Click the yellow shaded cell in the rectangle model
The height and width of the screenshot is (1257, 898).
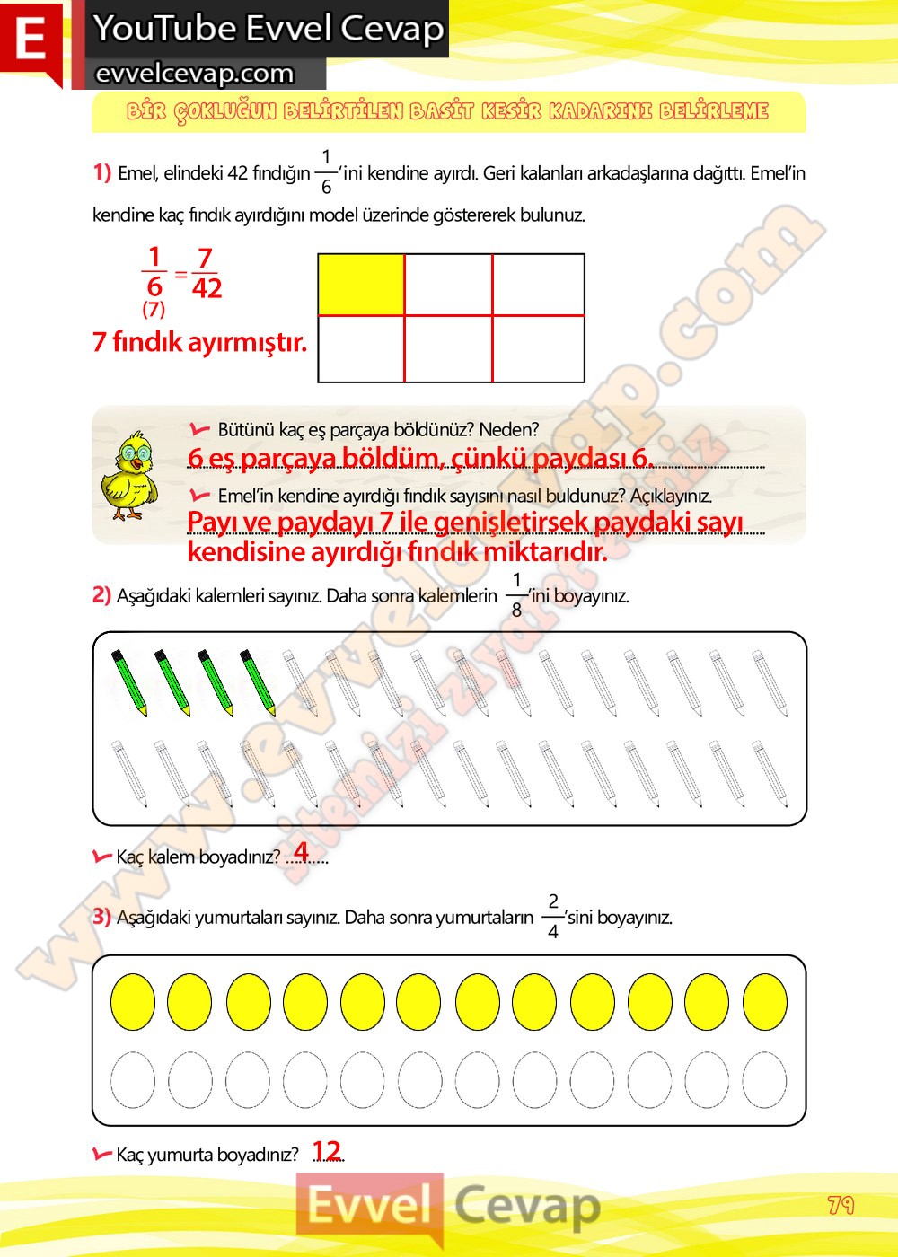[361, 285]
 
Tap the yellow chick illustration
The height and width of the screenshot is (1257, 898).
[128, 476]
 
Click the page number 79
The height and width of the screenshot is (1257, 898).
[841, 1205]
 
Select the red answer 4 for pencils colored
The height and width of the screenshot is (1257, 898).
[301, 851]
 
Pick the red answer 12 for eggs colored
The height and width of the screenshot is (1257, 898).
[327, 1151]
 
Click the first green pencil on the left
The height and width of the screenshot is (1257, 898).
[128, 682]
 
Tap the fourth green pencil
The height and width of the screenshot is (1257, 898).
[258, 682]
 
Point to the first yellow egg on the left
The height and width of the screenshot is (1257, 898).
[133, 1002]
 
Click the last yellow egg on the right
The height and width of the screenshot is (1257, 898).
[765, 1002]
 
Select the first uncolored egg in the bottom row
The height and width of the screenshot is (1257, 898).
[133, 1080]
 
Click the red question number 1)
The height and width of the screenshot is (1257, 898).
[101, 171]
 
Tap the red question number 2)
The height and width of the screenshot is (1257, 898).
[101, 594]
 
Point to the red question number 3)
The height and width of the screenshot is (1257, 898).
[101, 916]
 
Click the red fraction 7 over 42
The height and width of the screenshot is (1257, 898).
[206, 273]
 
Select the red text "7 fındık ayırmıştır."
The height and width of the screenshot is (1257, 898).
[199, 342]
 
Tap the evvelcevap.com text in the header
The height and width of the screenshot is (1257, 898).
[195, 74]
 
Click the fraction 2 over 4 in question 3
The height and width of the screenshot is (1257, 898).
[553, 916]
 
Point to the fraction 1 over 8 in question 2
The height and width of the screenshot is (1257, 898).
[516, 594]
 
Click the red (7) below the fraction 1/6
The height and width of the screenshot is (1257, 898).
[154, 310]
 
